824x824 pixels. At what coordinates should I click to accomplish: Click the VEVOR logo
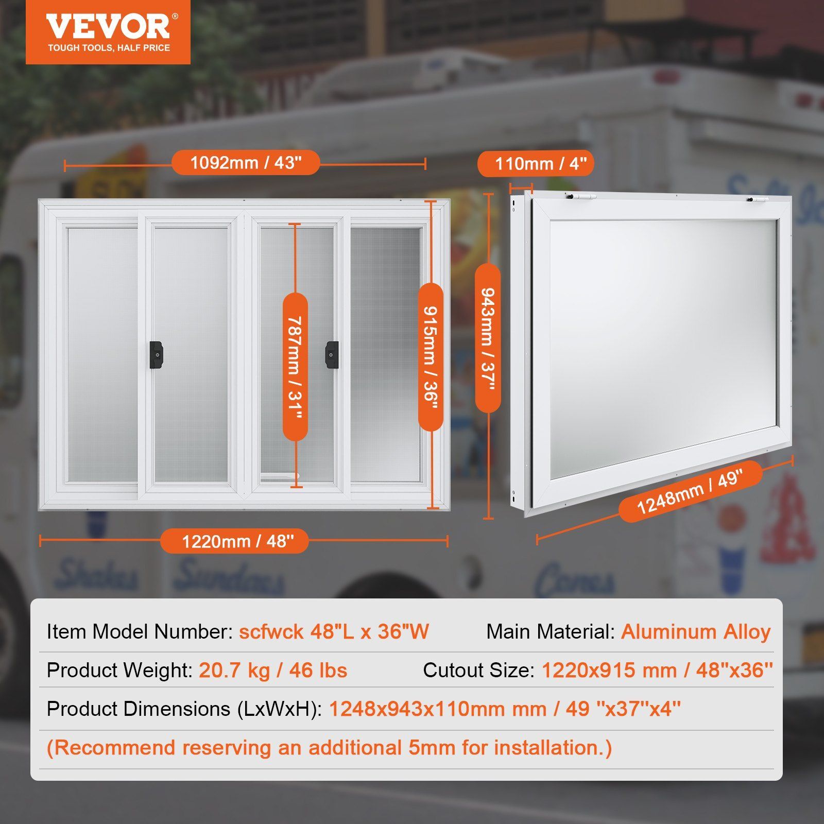[108, 32]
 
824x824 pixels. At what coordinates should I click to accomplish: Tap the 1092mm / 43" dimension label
[246, 163]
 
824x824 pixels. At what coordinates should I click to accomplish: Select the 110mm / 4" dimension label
[536, 164]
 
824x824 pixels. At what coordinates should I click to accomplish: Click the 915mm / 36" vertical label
[431, 357]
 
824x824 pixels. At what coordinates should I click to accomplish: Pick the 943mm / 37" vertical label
[488, 338]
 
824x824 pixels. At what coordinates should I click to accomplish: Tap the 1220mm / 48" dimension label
[234, 541]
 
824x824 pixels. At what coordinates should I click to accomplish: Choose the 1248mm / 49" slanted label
[690, 492]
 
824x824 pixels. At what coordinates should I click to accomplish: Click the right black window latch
[332, 354]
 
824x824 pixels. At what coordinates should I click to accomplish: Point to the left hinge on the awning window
[580, 197]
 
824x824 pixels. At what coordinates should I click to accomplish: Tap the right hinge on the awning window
[758, 199]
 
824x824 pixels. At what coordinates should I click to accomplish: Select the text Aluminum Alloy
[696, 631]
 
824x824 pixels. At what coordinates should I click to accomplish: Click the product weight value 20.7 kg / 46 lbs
[273, 670]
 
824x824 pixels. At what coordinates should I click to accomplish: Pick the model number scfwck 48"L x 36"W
[334, 631]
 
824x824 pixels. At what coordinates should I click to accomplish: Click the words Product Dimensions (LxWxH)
[184, 709]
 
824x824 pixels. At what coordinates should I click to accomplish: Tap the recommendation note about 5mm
[330, 748]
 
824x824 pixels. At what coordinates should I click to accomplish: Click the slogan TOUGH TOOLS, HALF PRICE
[109, 48]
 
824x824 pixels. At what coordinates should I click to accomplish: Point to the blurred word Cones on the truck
[574, 579]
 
